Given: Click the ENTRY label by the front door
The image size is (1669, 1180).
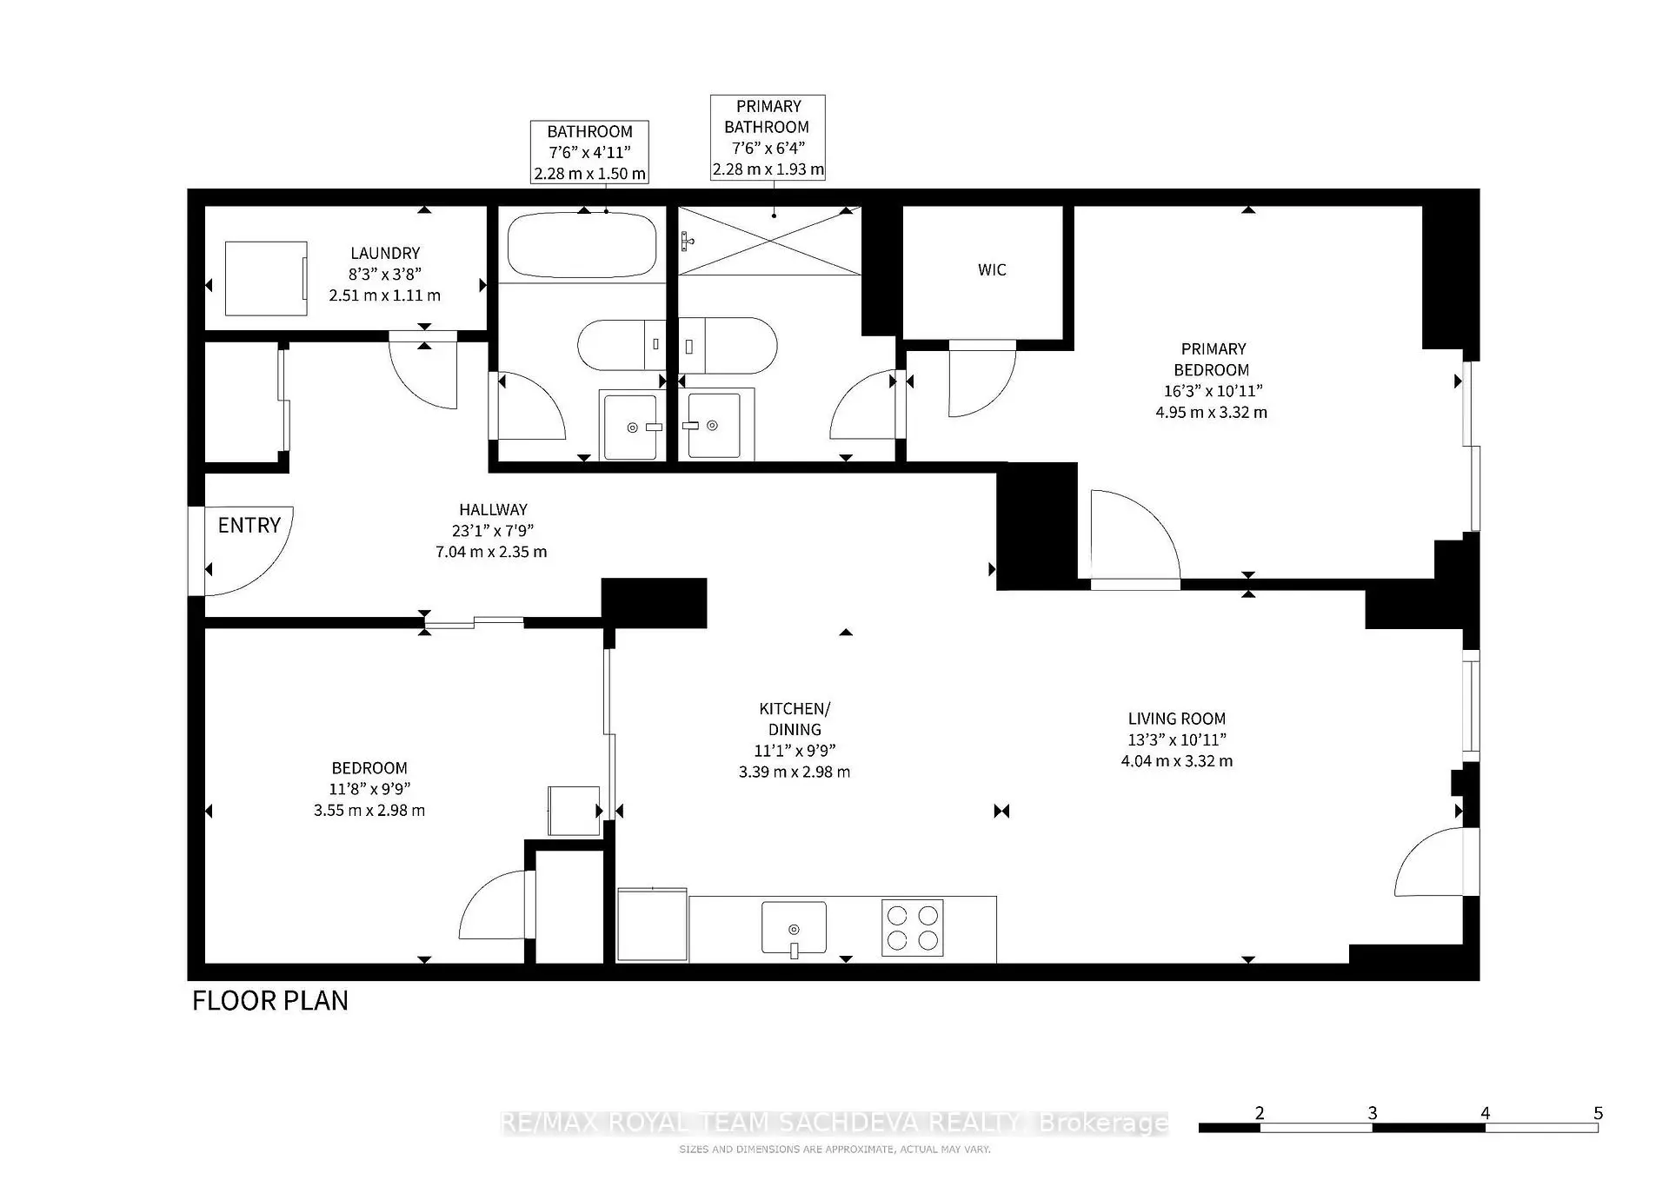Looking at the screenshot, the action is (249, 525).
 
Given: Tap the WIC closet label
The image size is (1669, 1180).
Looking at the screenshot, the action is (992, 269).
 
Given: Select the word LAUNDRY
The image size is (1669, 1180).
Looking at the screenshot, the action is (385, 253).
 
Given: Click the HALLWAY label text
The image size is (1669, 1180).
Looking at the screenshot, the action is (493, 509).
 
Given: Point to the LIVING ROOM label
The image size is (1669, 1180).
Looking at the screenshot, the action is (1177, 719).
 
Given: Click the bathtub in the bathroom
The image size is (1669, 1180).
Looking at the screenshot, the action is (582, 244).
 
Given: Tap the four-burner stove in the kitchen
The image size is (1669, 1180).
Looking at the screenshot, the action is (913, 928).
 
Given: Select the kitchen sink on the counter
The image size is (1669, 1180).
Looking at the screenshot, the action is (794, 928).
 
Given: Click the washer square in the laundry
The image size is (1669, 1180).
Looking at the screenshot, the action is (266, 278).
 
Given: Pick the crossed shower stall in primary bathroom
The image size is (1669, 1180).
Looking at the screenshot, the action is (769, 241).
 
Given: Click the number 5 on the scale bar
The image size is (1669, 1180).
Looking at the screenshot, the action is (1598, 1112).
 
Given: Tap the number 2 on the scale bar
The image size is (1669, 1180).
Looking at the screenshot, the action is (1260, 1112).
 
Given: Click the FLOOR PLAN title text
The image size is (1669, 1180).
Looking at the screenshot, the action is (270, 1000).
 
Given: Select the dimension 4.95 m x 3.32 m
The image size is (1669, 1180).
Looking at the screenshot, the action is (1212, 412).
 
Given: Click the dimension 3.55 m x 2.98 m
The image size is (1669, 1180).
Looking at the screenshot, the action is (369, 810).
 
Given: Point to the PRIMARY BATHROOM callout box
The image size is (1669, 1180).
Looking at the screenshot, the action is (768, 137).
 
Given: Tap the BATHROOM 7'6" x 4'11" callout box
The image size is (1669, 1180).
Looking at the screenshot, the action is (590, 152).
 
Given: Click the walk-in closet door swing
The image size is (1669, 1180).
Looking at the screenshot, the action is (982, 379).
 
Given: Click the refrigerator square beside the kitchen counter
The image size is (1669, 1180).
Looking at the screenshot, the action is (652, 925).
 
